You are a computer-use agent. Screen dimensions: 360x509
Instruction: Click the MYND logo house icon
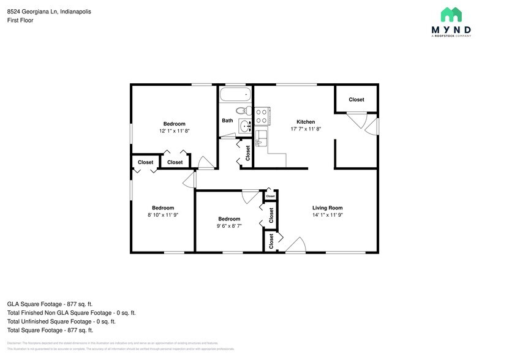point(451,15)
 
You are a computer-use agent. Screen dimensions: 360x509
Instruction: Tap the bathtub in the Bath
point(236,96)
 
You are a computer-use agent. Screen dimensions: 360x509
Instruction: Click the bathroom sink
point(245,127)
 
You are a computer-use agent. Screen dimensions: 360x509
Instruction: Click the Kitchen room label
point(306,121)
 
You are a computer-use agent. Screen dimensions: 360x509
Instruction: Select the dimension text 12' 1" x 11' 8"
point(175,131)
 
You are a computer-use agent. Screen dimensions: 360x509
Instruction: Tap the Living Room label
point(327,208)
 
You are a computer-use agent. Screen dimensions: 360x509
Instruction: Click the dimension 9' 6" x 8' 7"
point(229,226)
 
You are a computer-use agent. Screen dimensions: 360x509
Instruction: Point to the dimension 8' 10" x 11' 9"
point(163,215)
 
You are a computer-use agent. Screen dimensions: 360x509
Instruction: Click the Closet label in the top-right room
point(356,100)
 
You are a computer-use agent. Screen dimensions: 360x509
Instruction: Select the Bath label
point(227,121)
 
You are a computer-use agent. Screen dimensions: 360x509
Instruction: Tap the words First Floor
point(20,20)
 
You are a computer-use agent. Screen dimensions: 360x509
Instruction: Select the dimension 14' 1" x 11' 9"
point(327,215)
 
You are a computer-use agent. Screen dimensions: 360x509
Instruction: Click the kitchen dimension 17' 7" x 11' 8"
point(306,129)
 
